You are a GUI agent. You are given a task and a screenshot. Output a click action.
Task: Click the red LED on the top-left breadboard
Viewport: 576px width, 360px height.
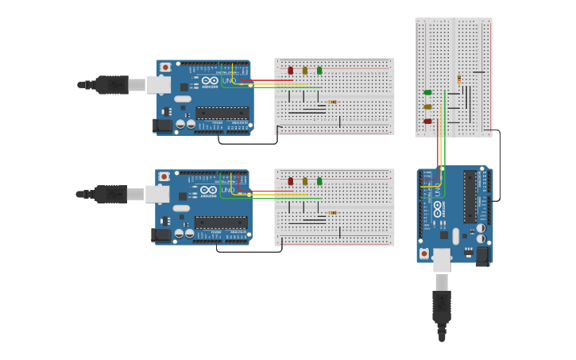click(290, 71)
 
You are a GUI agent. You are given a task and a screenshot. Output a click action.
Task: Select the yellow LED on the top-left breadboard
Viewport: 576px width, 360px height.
click(304, 71)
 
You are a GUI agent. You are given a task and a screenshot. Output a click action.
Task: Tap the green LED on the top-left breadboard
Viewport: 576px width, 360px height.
click(319, 71)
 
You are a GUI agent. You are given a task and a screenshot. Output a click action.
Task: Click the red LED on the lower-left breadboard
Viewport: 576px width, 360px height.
click(290, 181)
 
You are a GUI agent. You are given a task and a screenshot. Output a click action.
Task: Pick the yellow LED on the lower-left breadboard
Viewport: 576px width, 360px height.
click(304, 181)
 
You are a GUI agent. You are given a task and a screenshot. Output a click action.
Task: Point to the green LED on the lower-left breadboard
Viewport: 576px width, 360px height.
click(319, 181)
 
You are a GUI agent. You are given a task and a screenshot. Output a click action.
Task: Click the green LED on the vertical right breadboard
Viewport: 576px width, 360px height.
click(427, 92)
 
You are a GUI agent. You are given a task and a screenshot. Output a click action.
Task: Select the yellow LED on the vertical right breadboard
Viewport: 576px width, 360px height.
click(427, 106)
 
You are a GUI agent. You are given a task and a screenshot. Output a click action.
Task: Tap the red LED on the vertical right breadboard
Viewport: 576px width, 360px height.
click(427, 121)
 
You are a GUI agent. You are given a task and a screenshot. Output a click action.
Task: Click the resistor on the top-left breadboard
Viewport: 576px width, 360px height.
click(332, 102)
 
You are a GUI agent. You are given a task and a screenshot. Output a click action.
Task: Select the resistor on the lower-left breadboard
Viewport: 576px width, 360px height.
click(332, 212)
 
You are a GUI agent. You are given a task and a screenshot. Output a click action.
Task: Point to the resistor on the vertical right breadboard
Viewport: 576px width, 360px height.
click(459, 79)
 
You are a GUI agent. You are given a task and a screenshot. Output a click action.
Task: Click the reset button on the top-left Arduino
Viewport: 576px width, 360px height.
click(165, 68)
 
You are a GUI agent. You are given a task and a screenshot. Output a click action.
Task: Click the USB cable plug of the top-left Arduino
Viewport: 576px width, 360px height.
click(111, 84)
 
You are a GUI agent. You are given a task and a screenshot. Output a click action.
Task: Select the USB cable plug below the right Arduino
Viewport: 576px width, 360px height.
click(442, 306)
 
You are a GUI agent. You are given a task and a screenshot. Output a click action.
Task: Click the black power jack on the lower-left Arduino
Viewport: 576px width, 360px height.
click(162, 234)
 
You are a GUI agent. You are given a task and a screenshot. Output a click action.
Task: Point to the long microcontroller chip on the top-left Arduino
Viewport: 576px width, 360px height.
click(222, 112)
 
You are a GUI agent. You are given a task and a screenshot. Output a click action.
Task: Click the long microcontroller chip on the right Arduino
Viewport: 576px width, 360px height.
click(470, 196)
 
